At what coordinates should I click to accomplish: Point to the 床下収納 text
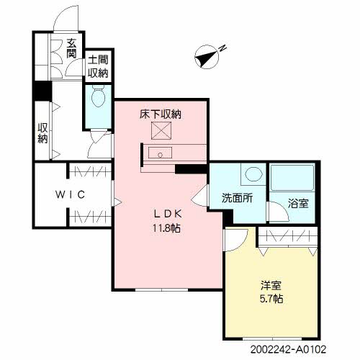point(160,114)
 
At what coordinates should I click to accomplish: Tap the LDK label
point(163,214)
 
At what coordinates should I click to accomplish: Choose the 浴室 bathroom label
point(297,202)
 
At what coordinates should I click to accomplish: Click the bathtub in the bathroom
point(292,177)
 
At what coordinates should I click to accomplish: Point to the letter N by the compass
point(223,48)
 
